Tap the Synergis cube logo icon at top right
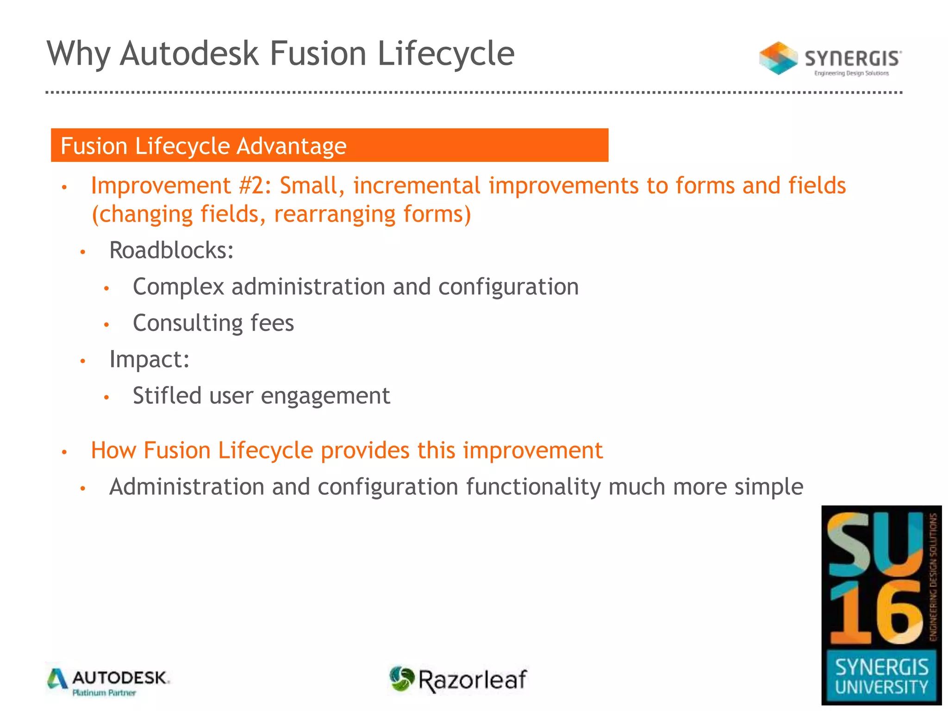[778, 58]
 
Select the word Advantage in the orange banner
[292, 146]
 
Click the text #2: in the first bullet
[256, 186]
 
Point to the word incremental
[417, 186]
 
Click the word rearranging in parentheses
[334, 214]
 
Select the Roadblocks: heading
[171, 250]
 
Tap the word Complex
[178, 287]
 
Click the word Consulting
[187, 323]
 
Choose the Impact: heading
[150, 359]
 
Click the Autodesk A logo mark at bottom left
[57, 679]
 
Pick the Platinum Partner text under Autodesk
[104, 693]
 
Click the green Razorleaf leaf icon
[401, 679]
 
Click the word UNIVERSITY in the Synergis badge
[881, 687]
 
